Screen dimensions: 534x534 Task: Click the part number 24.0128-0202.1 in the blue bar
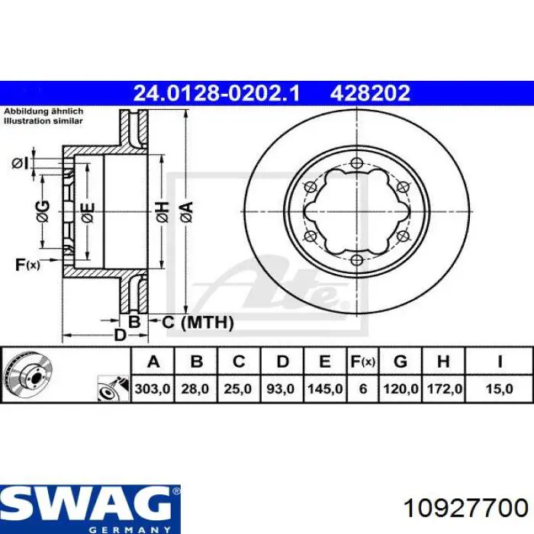(217, 93)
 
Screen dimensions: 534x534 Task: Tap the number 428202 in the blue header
(370, 93)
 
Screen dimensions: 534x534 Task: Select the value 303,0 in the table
(153, 388)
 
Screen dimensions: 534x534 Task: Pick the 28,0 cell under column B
(195, 388)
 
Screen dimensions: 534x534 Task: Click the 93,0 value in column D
(280, 388)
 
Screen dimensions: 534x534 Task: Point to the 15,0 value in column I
(499, 388)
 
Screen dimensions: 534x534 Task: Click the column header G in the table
(400, 362)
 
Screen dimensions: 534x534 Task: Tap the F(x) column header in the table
(363, 362)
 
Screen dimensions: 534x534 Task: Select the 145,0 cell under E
(325, 388)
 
